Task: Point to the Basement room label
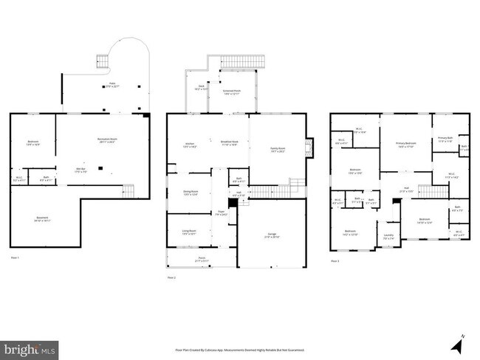[x=43, y=219]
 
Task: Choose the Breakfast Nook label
[x=229, y=143]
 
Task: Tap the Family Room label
[x=277, y=150]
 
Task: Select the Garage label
[x=272, y=236]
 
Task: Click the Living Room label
[x=189, y=232]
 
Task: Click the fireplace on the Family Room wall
[x=310, y=143]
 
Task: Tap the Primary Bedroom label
[x=406, y=145]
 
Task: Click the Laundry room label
[x=388, y=237]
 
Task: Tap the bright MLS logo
[x=30, y=347]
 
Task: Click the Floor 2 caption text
[x=171, y=277]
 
